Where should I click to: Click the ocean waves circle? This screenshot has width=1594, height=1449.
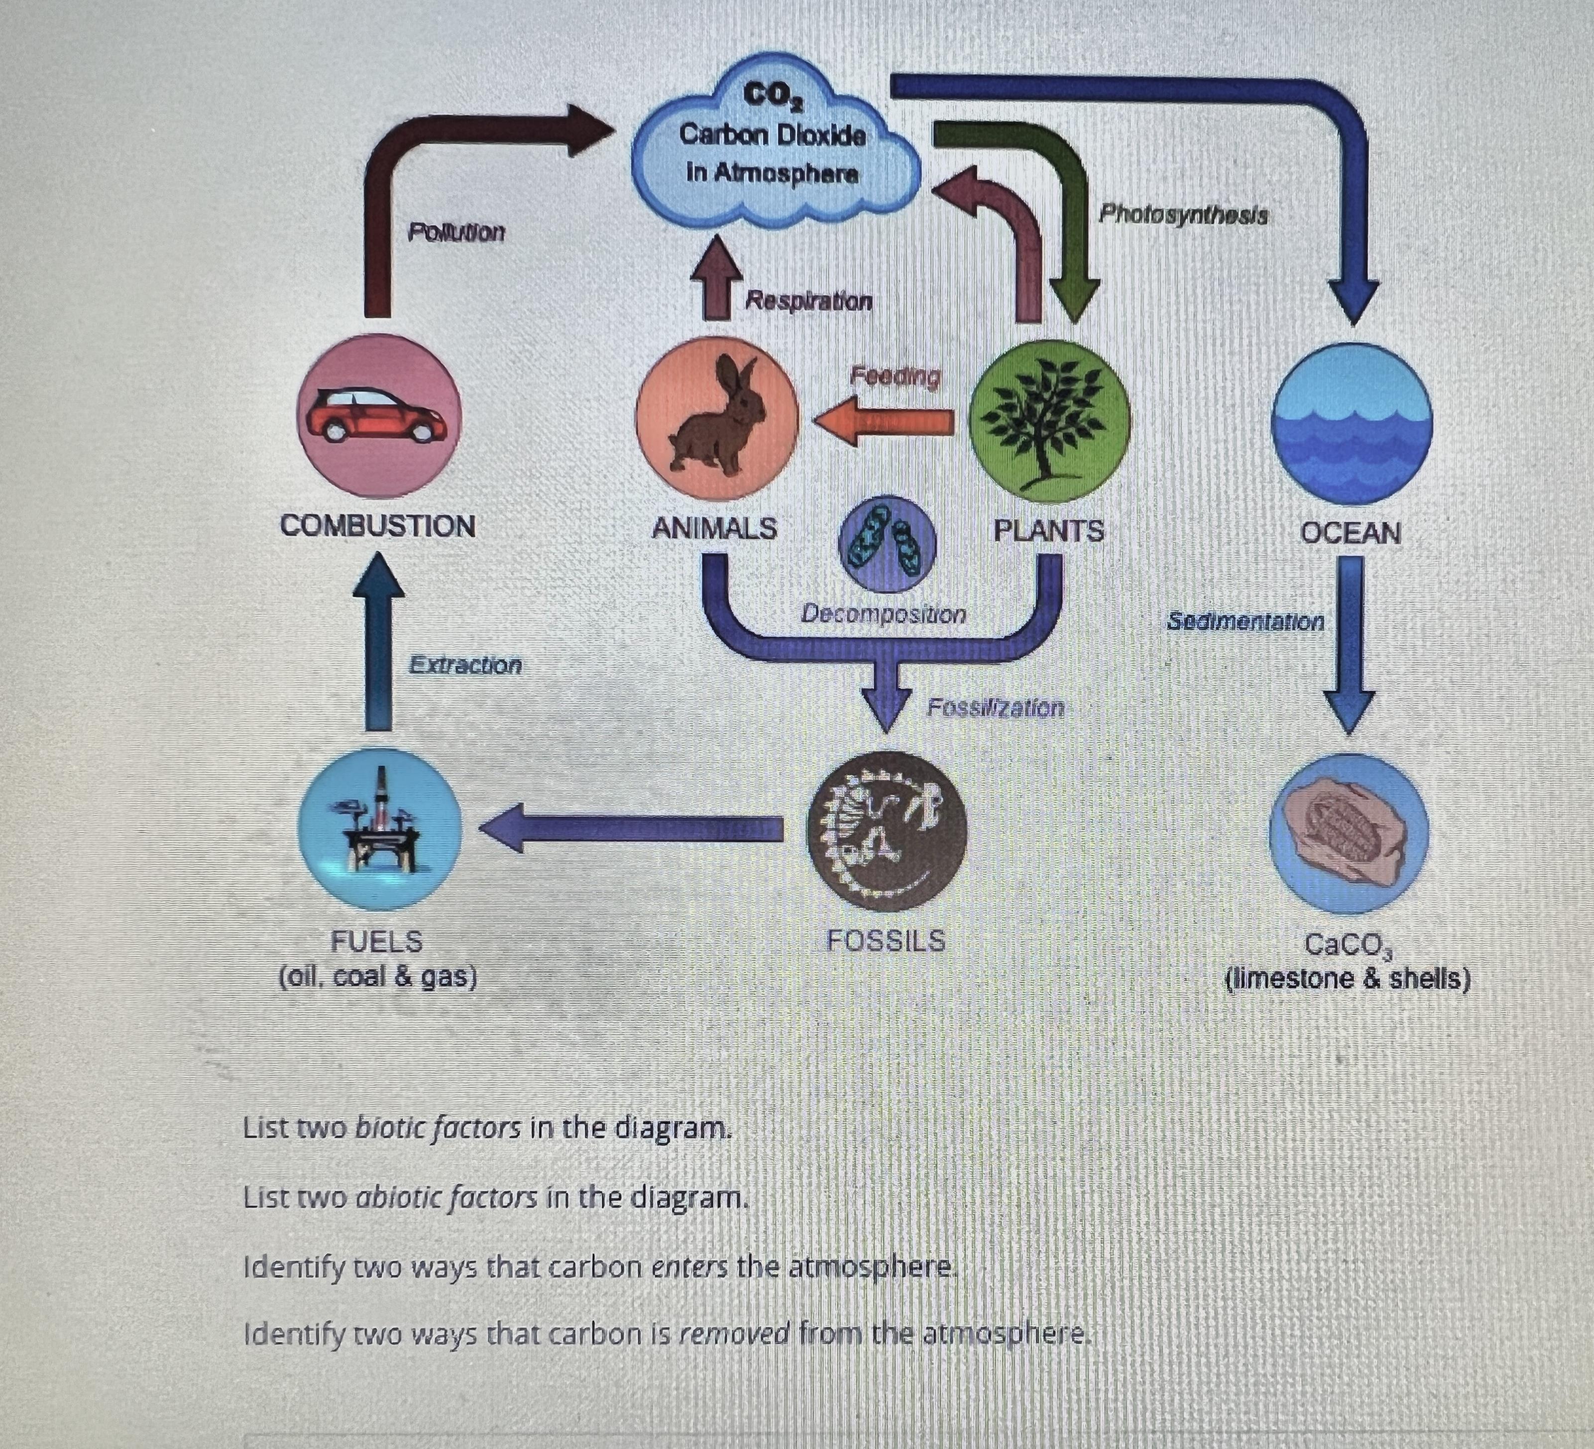1351,424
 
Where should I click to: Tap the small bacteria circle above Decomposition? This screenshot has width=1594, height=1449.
886,544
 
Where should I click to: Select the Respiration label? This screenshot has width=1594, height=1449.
808,301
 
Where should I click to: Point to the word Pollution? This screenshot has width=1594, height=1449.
456,233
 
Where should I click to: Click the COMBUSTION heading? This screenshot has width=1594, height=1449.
378,526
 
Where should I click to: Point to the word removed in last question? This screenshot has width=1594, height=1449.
735,1334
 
